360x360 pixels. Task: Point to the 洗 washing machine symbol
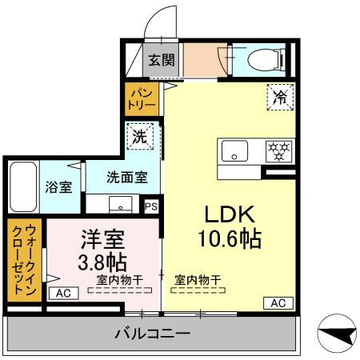[139, 136]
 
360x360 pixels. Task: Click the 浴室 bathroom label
[58, 188]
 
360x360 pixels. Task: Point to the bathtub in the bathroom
[22, 187]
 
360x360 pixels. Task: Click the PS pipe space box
[151, 206]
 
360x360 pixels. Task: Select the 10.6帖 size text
[230, 238]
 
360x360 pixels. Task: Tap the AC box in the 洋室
[63, 294]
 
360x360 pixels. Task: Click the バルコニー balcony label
[150, 334]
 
